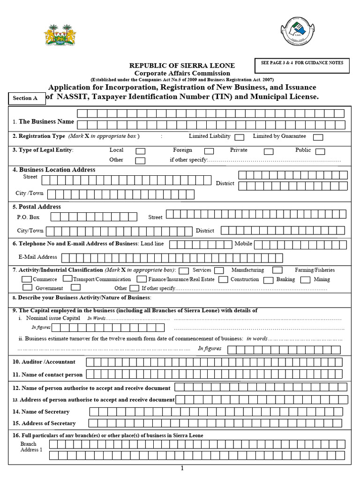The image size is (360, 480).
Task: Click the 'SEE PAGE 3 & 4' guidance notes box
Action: click(x=302, y=65)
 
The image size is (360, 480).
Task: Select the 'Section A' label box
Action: click(x=25, y=98)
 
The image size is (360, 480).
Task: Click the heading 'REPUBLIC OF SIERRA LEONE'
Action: click(x=182, y=66)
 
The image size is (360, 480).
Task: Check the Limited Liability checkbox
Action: click(x=239, y=137)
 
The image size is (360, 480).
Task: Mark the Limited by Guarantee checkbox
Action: click(x=318, y=137)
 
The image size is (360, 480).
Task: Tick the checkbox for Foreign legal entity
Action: click(x=209, y=151)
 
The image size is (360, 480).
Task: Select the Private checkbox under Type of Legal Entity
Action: click(x=269, y=151)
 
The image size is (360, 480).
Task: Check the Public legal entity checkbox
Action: click(x=320, y=151)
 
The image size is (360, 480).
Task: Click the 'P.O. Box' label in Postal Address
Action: click(x=28, y=217)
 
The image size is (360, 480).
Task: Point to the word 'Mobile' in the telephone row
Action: click(x=243, y=244)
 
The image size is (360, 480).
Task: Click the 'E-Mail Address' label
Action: click(x=37, y=257)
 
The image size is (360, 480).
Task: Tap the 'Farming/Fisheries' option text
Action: click(x=315, y=270)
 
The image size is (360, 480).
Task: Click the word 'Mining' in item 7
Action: click(x=322, y=279)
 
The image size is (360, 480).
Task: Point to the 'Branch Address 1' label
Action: click(x=31, y=447)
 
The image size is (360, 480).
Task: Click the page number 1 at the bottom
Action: click(x=182, y=468)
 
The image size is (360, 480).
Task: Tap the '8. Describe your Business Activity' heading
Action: click(x=82, y=298)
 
